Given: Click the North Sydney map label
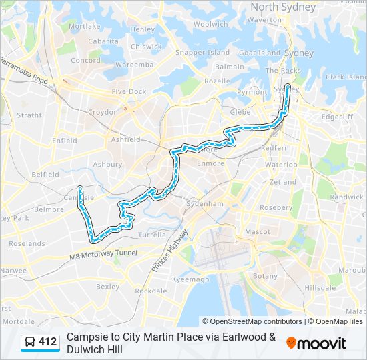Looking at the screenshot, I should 283,7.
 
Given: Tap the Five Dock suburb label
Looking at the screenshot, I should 129,91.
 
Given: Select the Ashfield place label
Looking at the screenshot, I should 126,139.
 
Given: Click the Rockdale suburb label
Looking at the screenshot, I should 151,291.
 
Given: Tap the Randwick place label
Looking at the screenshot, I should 347,197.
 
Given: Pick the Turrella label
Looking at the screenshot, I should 151,235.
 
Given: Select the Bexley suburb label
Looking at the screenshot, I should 107,287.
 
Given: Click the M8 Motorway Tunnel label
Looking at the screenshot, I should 103,253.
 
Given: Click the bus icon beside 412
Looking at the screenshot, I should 29,343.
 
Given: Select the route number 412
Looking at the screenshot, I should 47,342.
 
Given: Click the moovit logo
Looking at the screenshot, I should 316,343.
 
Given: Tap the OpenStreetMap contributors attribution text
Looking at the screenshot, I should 252,321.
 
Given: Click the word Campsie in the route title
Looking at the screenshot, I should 86,337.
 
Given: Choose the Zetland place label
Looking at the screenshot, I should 283,181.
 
